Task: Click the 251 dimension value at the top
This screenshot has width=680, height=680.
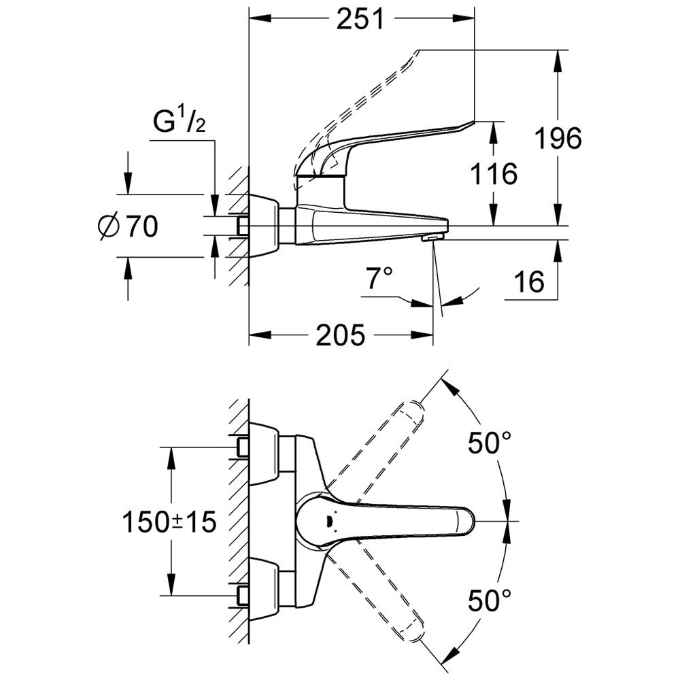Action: (x=360, y=20)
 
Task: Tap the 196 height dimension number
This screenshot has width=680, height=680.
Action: (x=558, y=138)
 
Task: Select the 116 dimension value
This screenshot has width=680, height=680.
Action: (x=494, y=173)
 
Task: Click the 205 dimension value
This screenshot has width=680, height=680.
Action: (x=340, y=335)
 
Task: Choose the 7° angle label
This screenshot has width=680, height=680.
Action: (x=379, y=277)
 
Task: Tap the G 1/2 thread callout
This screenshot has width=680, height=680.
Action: (x=179, y=122)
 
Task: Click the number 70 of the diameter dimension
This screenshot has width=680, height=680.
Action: (x=142, y=226)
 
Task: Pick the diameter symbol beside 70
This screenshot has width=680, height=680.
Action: (x=109, y=226)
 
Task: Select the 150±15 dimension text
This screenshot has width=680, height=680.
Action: (x=169, y=522)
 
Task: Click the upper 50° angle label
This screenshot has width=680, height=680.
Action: (x=489, y=443)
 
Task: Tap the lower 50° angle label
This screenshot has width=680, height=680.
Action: (x=489, y=600)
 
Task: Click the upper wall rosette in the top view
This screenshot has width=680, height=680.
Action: (x=265, y=454)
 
